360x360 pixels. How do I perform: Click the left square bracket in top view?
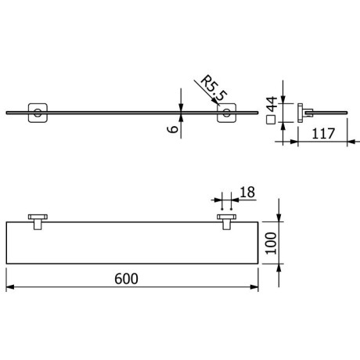36,113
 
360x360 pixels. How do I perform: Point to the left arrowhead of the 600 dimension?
10,289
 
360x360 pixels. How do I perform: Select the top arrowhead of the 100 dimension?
279,220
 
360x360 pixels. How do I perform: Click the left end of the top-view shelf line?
8,114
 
